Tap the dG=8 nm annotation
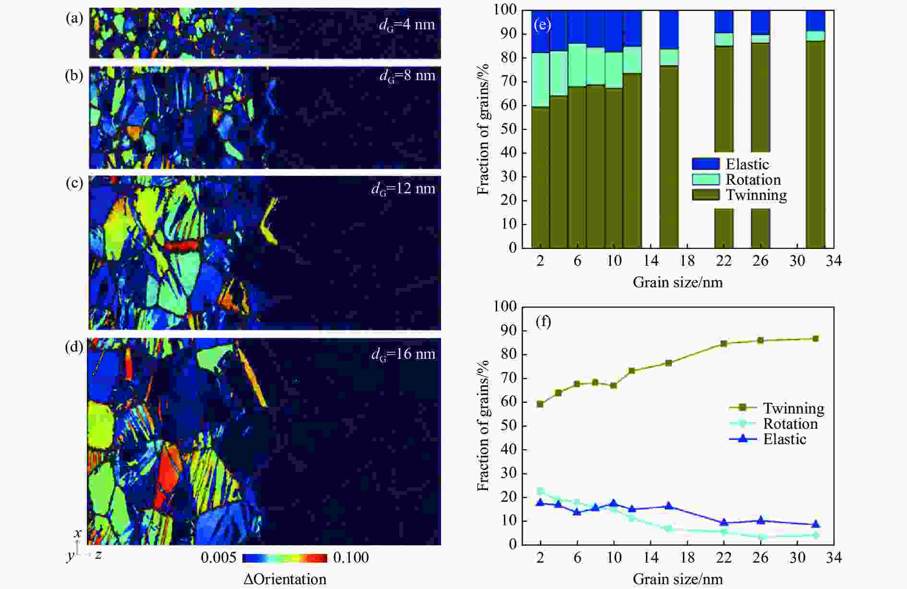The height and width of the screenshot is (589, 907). [x=407, y=76]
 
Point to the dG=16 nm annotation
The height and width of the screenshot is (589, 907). [x=403, y=354]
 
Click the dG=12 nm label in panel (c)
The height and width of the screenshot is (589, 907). [x=403, y=188]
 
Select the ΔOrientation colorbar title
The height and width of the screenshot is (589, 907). [x=285, y=579]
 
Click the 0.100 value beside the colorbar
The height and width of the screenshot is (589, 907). [x=351, y=557]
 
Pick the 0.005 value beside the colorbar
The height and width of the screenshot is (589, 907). [x=218, y=557]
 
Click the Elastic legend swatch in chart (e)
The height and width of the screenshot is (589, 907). [x=705, y=164]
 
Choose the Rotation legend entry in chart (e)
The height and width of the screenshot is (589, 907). [x=753, y=179]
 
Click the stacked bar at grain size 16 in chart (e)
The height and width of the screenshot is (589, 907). [x=669, y=144]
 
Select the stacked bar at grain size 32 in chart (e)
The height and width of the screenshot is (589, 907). [x=815, y=144]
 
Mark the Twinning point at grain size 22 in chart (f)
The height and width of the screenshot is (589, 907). [x=724, y=343]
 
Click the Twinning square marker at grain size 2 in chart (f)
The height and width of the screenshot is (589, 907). [x=540, y=404]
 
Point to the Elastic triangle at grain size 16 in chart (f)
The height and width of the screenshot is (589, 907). [x=669, y=506]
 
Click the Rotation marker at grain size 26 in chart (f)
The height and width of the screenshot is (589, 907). [x=761, y=537]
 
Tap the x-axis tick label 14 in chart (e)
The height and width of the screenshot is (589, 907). [x=651, y=260]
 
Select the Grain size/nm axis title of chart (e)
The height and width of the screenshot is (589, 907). [x=678, y=282]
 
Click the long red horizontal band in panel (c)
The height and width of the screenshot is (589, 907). [x=181, y=246]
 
